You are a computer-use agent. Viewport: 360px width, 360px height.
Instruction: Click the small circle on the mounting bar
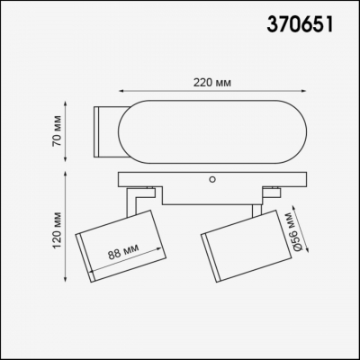coord(213,178)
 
